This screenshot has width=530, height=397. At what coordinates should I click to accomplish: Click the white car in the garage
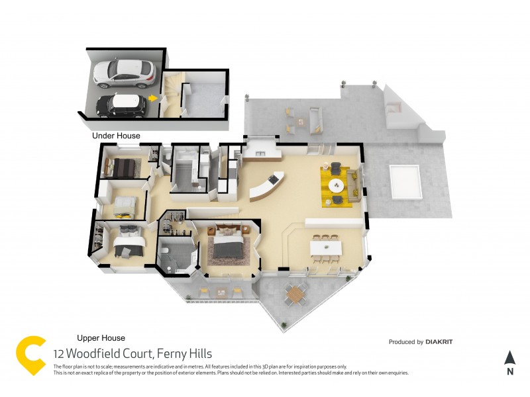coord(125,73)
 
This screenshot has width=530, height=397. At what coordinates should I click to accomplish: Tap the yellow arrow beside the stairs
coord(153,98)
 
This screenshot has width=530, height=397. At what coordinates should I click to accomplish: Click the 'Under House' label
coord(116,136)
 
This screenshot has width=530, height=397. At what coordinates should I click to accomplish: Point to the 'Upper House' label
coord(101,338)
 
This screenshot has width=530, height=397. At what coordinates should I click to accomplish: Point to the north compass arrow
coord(509,358)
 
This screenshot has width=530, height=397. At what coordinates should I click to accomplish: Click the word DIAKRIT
coord(439,342)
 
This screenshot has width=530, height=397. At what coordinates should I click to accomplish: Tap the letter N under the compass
coord(509,372)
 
